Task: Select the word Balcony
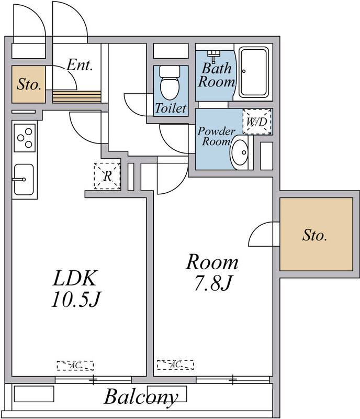pyautogui.click(x=140, y=397)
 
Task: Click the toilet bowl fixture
pyautogui.click(x=169, y=86)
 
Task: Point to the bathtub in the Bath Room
pyautogui.click(x=253, y=72)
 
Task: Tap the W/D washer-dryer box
pyautogui.click(x=257, y=123)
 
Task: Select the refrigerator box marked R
pyautogui.click(x=107, y=176)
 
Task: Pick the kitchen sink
pyautogui.click(x=24, y=180)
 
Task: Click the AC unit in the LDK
pyautogui.click(x=75, y=365)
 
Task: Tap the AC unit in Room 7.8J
pyautogui.click(x=175, y=364)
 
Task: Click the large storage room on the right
pyautogui.click(x=315, y=236)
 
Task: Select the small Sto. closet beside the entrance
pyautogui.click(x=29, y=84)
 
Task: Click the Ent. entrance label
pyautogui.click(x=80, y=65)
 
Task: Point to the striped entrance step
pyautogui.click(x=77, y=97)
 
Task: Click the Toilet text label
pyautogui.click(x=171, y=109)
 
